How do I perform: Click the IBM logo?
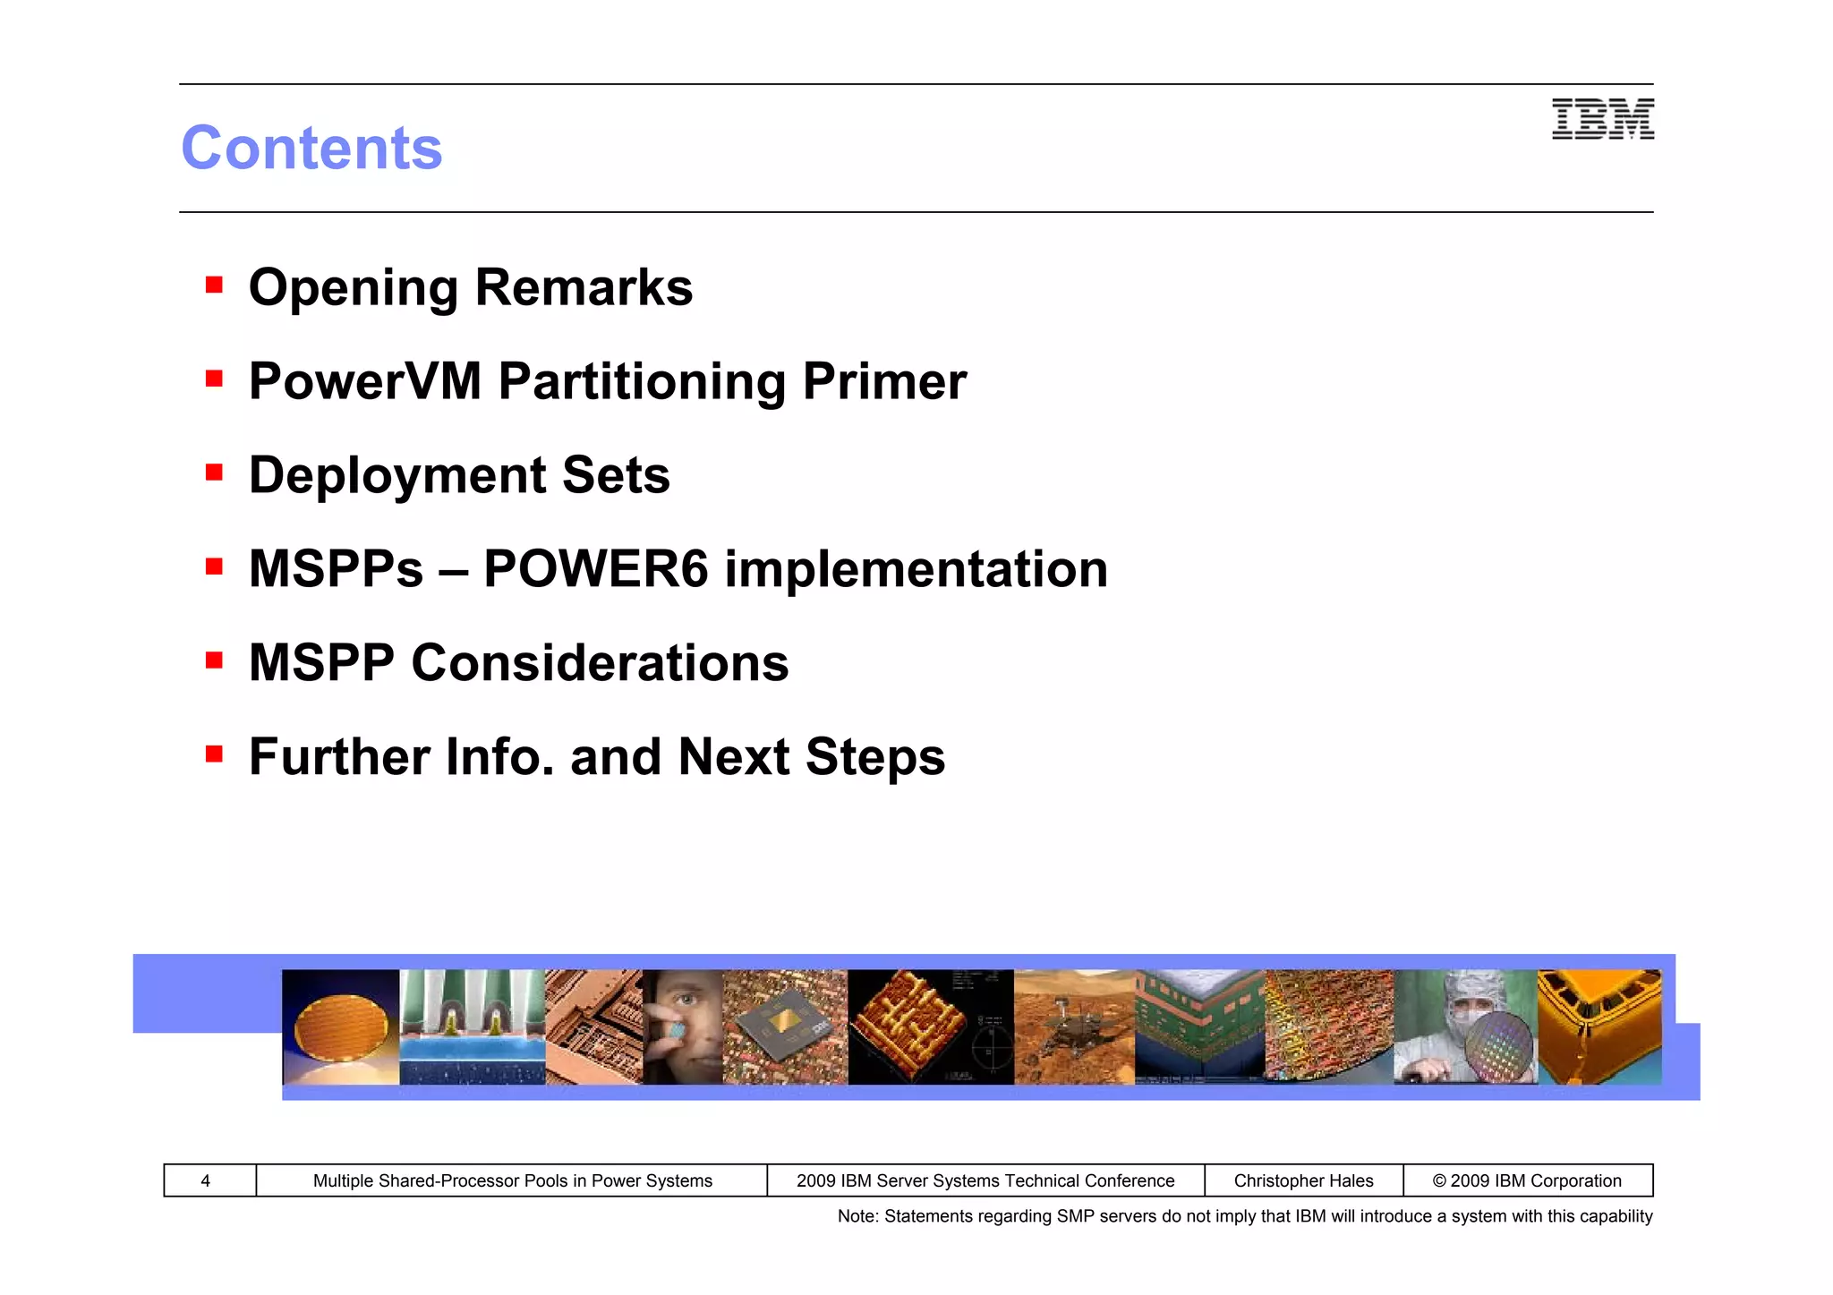(x=1602, y=119)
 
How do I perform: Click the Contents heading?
(x=311, y=148)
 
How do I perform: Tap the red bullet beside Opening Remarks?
(x=214, y=285)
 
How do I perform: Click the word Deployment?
(x=396, y=475)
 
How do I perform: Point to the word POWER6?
(x=595, y=569)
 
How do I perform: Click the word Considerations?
(x=600, y=663)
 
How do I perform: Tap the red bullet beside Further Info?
(x=214, y=754)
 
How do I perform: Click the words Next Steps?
(x=811, y=757)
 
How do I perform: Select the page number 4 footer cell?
(x=206, y=1180)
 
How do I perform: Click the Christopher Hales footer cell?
(x=1303, y=1180)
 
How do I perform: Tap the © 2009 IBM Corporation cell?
(x=1527, y=1180)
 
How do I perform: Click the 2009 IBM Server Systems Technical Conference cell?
(x=985, y=1180)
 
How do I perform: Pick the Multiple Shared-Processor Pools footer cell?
(x=512, y=1180)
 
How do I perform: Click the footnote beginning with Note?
(x=1244, y=1216)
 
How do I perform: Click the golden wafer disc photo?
(x=340, y=1027)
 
